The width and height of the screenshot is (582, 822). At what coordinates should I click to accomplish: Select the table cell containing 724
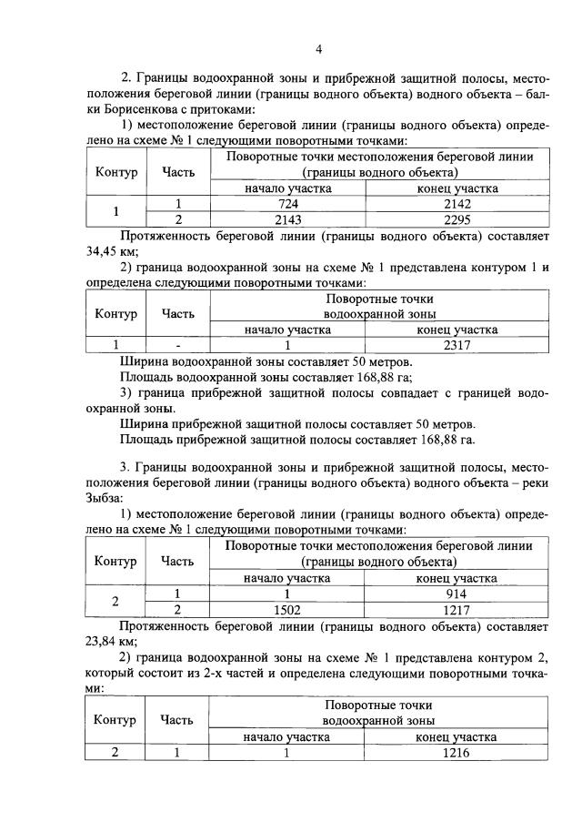click(287, 204)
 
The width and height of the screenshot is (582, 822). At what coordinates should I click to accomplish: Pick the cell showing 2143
click(287, 219)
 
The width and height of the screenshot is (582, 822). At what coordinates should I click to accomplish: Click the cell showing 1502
click(287, 609)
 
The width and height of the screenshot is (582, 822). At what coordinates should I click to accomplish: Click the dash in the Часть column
click(178, 345)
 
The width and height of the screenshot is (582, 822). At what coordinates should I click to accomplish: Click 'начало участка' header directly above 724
click(287, 188)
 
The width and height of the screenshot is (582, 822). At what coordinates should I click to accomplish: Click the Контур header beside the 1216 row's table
click(115, 719)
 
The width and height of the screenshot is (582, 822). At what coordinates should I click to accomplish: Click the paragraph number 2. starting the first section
click(126, 76)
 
